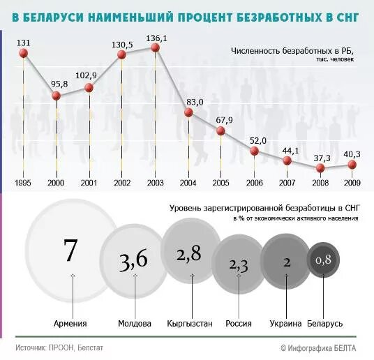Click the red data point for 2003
156,47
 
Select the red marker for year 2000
57,95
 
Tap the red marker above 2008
320,167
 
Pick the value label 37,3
322,157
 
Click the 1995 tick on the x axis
24,183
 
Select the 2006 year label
255,183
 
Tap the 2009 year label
352,183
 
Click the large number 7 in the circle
70,250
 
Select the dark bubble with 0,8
323,260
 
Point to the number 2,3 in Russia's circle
239,264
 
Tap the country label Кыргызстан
189,324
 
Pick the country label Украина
285,324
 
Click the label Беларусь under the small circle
324,324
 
